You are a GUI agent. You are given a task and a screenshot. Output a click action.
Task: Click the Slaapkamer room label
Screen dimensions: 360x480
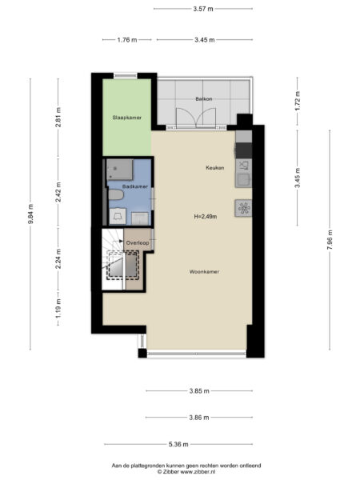click(x=126, y=118)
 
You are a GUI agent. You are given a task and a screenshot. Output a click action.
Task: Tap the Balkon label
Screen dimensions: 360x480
click(x=204, y=99)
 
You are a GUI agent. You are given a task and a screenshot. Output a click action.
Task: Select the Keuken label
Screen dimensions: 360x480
click(x=215, y=168)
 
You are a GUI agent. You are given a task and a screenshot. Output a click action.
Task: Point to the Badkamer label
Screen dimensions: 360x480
click(x=135, y=186)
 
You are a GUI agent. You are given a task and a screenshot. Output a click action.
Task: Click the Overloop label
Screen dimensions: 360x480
click(x=138, y=242)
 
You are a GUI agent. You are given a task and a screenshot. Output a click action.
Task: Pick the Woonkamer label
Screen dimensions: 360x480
click(x=204, y=271)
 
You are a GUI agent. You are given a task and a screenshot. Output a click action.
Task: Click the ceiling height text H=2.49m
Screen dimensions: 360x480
click(x=206, y=217)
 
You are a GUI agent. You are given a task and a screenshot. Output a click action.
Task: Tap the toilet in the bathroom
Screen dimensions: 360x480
click(x=116, y=194)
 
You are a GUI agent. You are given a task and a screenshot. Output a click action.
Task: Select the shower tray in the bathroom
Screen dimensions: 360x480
click(x=120, y=170)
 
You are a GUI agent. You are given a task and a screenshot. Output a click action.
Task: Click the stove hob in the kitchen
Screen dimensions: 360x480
click(x=243, y=208)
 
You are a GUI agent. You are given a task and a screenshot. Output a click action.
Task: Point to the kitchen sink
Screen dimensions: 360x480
click(x=243, y=180)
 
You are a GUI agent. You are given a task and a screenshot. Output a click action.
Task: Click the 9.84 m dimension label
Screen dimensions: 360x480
click(x=30, y=214)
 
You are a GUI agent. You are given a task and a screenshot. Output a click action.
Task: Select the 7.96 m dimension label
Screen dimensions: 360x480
click(x=330, y=240)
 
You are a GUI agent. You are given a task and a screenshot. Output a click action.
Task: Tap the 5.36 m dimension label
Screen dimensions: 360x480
click(x=178, y=444)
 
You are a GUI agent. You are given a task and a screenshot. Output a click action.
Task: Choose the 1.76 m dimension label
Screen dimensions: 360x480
click(x=127, y=40)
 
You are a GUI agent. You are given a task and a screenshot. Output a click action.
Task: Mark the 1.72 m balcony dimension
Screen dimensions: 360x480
click(x=298, y=101)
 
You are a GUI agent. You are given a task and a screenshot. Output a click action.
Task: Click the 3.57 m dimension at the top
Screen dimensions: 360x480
click(x=203, y=9)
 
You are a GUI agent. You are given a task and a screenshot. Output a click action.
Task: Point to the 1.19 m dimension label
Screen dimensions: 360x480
click(x=58, y=308)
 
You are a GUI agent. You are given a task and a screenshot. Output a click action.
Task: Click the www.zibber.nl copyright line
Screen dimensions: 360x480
click(x=186, y=472)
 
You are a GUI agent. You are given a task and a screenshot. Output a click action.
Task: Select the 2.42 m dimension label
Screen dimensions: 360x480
click(x=58, y=192)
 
